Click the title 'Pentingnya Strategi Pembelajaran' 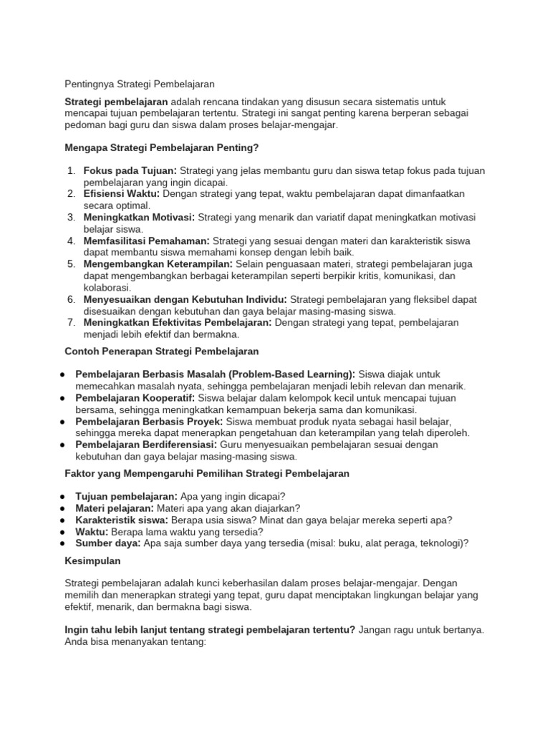[x=140, y=84]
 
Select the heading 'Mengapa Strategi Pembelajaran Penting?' [x=161, y=148]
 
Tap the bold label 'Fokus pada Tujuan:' [x=130, y=170]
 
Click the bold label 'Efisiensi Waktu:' [x=122, y=194]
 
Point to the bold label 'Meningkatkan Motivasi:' [x=139, y=217]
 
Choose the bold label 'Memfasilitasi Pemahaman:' [x=146, y=241]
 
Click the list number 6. [x=71, y=299]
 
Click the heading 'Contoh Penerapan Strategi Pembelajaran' [x=162, y=351]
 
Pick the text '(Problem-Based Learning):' [x=297, y=374]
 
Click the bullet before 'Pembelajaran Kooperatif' [x=64, y=398]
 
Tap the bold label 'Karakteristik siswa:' [x=121, y=520]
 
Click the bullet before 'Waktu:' [x=64, y=532]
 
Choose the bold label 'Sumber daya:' [x=107, y=543]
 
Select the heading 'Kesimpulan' [x=93, y=560]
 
